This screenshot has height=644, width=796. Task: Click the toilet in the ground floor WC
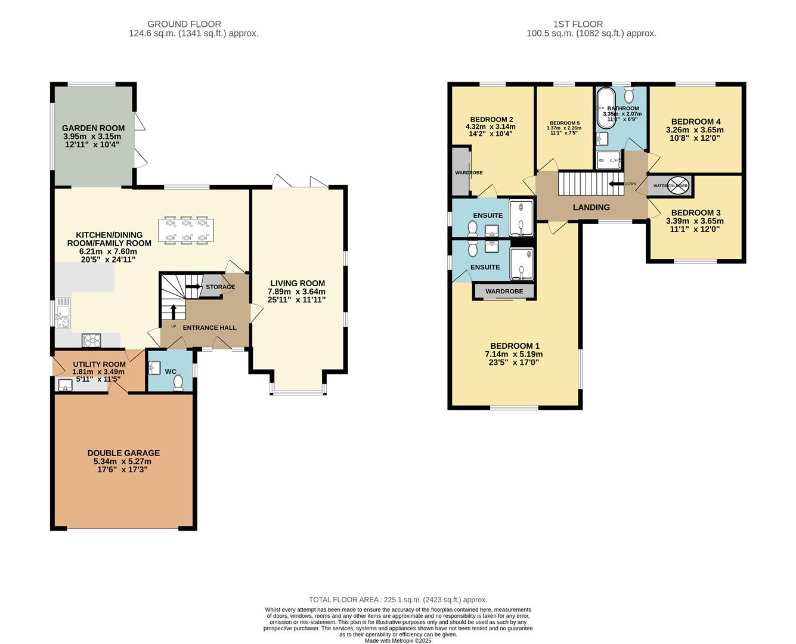point(178,385)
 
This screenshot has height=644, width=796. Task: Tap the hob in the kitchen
point(92,340)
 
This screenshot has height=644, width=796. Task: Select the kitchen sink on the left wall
point(63,314)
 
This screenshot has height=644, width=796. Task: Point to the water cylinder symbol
point(678,185)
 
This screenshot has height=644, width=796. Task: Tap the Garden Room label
point(94,128)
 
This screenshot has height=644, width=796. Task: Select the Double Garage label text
point(123,453)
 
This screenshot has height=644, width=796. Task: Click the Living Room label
point(298,284)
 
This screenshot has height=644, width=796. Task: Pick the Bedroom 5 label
point(564,123)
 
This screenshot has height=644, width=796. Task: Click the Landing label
point(591,208)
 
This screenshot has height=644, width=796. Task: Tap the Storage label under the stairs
point(220,287)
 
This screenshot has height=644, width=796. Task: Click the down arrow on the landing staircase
point(615,184)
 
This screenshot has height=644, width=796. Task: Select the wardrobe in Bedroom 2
point(461,172)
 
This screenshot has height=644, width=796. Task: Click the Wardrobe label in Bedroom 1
point(504,292)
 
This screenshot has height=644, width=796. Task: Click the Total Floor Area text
point(398,600)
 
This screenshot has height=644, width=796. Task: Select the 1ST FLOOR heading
point(578,24)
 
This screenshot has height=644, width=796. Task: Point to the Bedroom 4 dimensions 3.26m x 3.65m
point(695,130)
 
